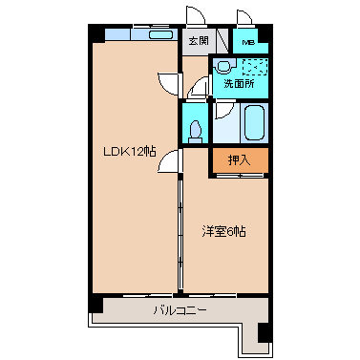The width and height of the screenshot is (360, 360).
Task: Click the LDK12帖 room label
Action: [x=129, y=150]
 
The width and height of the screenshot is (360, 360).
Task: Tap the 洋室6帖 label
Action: [x=223, y=231]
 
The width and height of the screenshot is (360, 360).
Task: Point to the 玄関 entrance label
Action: [x=198, y=41]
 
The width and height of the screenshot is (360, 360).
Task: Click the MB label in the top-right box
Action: [x=248, y=42]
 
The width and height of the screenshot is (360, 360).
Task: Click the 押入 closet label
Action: [x=240, y=160]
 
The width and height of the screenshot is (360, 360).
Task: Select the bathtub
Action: [x=253, y=122]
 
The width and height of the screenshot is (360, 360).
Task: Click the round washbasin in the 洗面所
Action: [x=222, y=67]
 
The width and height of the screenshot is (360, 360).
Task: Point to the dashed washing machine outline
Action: [x=255, y=67]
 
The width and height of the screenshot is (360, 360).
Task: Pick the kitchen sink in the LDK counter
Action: [x=159, y=35]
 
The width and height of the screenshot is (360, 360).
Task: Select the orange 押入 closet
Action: [x=240, y=160]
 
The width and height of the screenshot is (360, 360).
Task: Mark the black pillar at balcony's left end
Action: [x=95, y=305]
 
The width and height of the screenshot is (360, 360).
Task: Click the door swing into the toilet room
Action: [x=200, y=91]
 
